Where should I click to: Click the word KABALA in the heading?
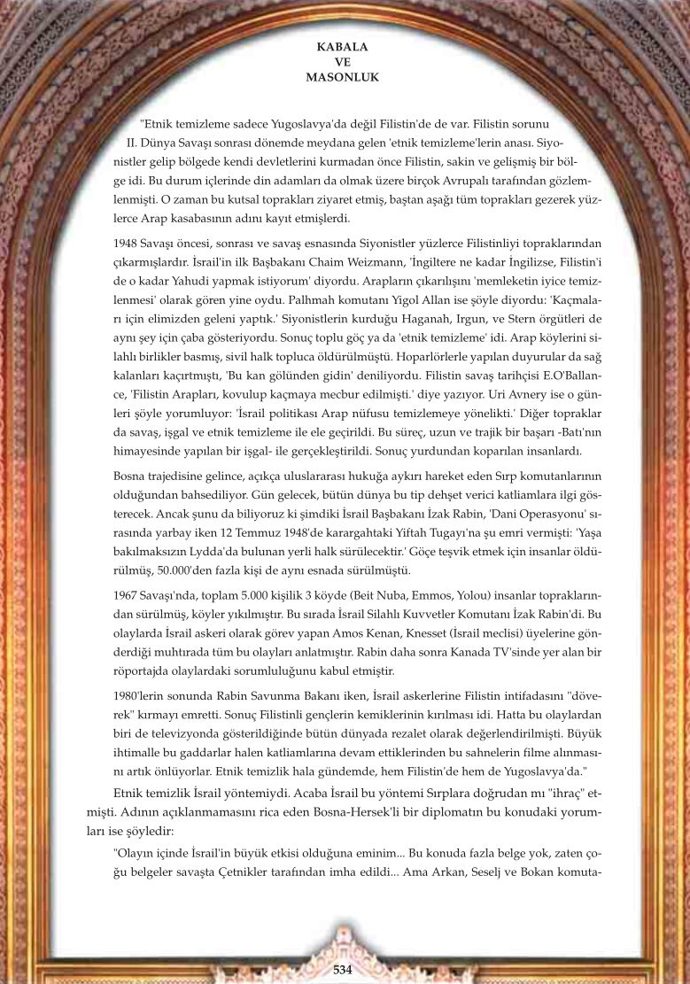tap(342, 46)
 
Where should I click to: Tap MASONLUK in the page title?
tap(342, 77)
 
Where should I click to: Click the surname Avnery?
tap(502, 393)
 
